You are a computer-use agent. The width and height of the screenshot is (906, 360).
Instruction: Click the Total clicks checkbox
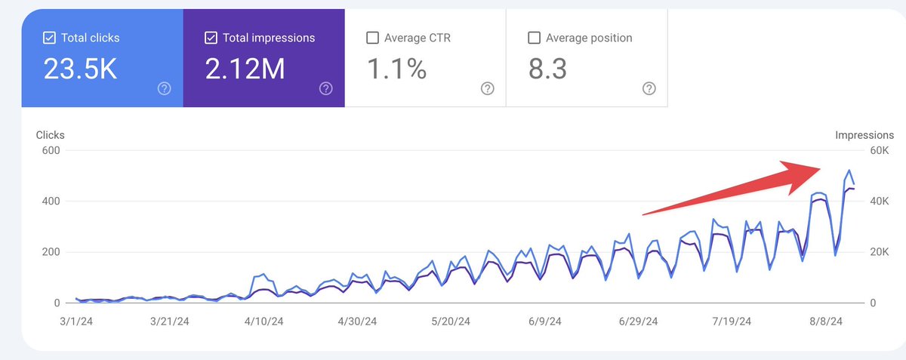pos(49,38)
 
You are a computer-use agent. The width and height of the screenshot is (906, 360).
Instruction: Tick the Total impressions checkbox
pos(211,38)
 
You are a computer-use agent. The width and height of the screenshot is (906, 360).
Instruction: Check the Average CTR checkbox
pos(372,38)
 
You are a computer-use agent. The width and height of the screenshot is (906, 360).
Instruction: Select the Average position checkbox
pos(534,38)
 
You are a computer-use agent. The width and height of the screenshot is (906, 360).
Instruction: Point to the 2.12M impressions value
pos(245,69)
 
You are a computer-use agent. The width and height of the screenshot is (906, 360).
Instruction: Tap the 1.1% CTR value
pos(397,69)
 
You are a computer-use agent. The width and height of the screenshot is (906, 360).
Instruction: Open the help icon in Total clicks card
pos(164,88)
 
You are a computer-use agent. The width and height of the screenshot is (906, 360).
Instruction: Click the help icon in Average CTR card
pos(487,88)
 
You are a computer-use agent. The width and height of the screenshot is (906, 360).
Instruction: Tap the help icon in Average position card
pos(649,88)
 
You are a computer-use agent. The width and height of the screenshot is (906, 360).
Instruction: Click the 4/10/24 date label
pos(264,321)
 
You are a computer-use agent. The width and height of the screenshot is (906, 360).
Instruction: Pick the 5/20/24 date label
pos(451,321)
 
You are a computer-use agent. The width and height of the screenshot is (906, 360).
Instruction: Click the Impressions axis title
pos(864,134)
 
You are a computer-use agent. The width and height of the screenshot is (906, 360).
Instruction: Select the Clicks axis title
pos(51,134)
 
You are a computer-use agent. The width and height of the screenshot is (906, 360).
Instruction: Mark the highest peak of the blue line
pos(849,171)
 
